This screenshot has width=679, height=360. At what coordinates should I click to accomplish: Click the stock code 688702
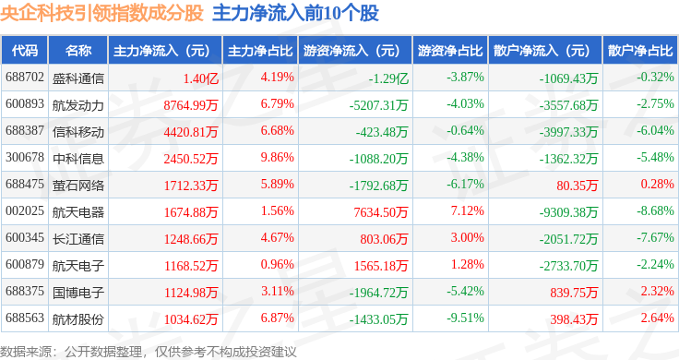pyautogui.click(x=25, y=78)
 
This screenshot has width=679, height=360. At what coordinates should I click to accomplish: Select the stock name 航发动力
pyautogui.click(x=77, y=105)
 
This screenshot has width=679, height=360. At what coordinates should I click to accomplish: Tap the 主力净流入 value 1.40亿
pyautogui.click(x=200, y=78)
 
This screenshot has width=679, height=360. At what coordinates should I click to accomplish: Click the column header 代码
pyautogui.click(x=25, y=51)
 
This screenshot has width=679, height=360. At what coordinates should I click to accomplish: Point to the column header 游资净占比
pyautogui.click(x=450, y=51)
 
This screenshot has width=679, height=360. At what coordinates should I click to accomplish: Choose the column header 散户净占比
pyautogui.click(x=640, y=51)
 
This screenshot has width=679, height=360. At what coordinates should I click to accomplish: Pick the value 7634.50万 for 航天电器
pyautogui.click(x=381, y=211)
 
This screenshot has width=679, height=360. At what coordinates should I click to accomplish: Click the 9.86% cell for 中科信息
pyautogui.click(x=277, y=157)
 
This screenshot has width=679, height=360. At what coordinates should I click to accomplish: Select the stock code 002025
pyautogui.click(x=25, y=211)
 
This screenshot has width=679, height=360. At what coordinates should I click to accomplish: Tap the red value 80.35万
pyautogui.click(x=577, y=186)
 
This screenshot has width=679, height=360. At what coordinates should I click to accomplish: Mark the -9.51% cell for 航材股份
pyautogui.click(x=465, y=318)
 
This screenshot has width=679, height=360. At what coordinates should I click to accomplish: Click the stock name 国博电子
pyautogui.click(x=77, y=293)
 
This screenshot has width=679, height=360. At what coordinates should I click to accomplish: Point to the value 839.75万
pyautogui.click(x=574, y=293)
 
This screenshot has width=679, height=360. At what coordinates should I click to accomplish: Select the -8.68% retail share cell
pyautogui.click(x=655, y=211)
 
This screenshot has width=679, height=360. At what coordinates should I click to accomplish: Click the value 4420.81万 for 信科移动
pyautogui.click(x=191, y=132)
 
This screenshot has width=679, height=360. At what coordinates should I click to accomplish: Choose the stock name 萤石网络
pyautogui.click(x=77, y=186)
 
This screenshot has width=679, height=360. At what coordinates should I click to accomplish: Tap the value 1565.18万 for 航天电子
pyautogui.click(x=381, y=266)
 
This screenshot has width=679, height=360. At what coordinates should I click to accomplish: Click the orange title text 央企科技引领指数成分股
pyautogui.click(x=101, y=13)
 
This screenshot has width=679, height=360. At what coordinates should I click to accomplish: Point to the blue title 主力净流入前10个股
pyautogui.click(x=295, y=13)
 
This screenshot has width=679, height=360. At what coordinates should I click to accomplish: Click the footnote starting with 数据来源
pyautogui.click(x=149, y=352)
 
